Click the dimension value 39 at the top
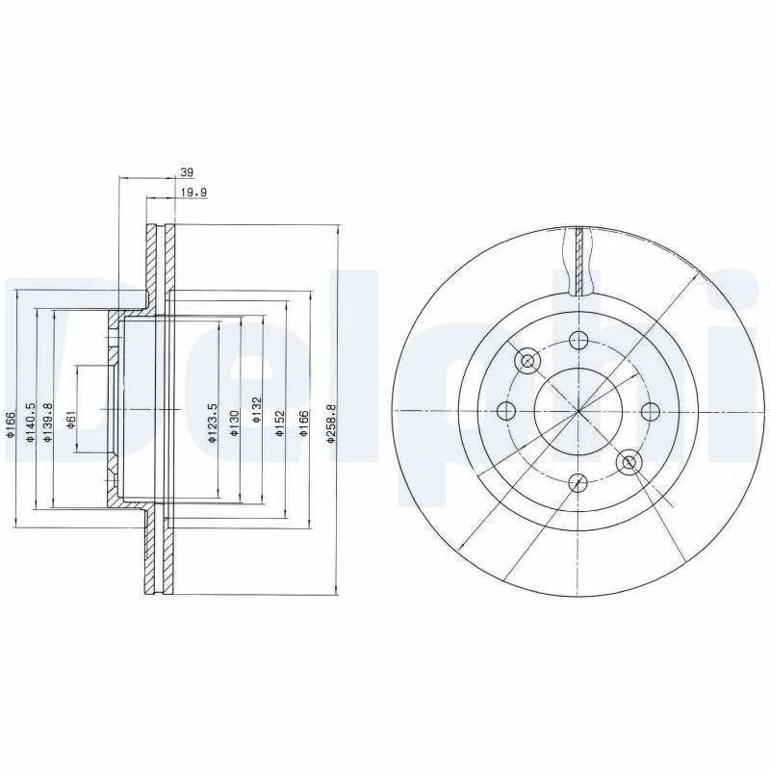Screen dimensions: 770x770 [188, 172]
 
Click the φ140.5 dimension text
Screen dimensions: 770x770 [31, 421]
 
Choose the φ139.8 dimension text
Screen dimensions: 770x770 [48, 422]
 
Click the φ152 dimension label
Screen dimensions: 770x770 [278, 422]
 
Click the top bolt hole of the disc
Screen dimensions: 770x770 [577, 340]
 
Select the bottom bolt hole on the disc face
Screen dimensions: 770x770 [577, 482]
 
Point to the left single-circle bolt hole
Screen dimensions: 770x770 [506, 411]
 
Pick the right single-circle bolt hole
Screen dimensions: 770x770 [650, 411]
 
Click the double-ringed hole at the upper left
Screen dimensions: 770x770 [527, 361]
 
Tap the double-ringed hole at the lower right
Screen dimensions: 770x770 [629, 462]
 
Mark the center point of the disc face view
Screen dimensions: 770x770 [577, 411]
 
